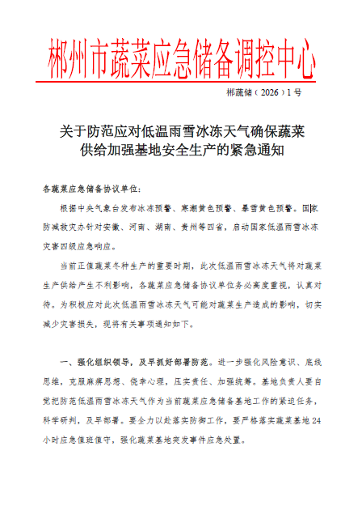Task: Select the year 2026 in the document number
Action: [271, 94]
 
